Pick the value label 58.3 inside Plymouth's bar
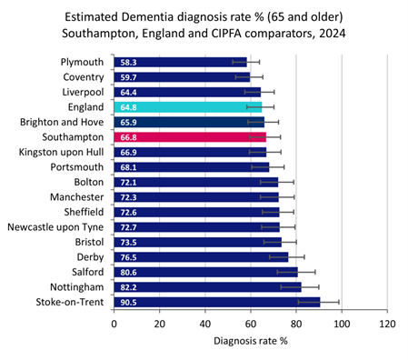(127, 63)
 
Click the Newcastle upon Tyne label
(58, 226)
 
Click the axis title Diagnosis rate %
(251, 344)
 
